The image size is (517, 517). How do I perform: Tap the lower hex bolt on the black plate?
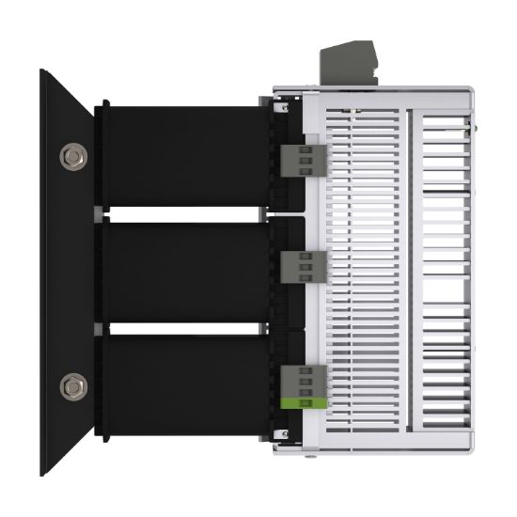[x=70, y=384]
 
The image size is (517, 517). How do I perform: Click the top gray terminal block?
[x=302, y=159]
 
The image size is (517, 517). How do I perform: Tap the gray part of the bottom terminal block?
[x=303, y=380]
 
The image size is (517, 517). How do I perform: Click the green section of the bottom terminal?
[x=303, y=402]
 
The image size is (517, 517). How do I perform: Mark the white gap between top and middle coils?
[x=179, y=215]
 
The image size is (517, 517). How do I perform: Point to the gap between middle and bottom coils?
[x=179, y=328]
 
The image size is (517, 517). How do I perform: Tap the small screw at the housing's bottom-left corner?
[x=281, y=431]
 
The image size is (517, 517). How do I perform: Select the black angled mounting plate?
[x=66, y=273]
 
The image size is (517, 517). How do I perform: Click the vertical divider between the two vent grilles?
[x=410, y=273]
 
